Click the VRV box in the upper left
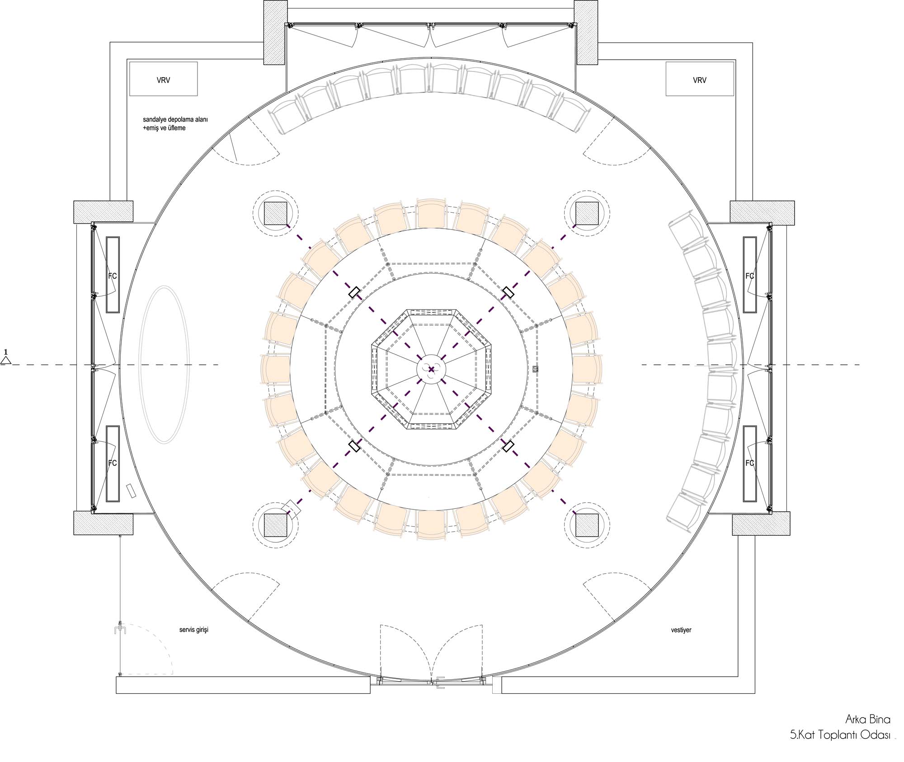pos(163,79)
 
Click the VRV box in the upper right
pos(699,79)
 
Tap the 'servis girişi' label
pos(193,630)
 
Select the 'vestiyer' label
pos(681,630)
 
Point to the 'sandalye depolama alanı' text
pos(175,120)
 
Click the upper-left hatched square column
pos(275,214)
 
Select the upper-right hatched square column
pos(587,214)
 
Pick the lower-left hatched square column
pos(275,525)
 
